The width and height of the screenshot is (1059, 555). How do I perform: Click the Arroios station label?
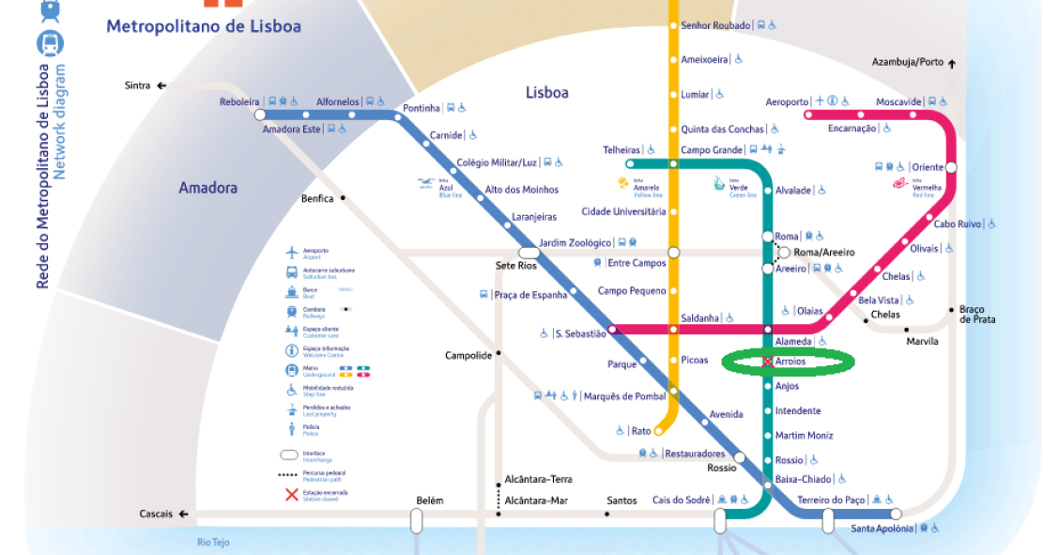(x=790, y=362)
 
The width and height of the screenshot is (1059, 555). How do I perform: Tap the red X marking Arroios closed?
(x=767, y=362)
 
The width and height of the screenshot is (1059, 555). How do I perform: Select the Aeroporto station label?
(x=786, y=101)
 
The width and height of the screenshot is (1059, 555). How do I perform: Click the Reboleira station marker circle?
(x=260, y=115)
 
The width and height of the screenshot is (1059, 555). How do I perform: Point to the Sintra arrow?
(x=161, y=85)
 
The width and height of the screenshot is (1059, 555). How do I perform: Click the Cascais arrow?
(x=183, y=515)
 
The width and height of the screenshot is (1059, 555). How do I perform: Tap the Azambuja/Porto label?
(x=907, y=62)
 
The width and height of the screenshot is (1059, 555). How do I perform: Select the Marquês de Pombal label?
(x=624, y=396)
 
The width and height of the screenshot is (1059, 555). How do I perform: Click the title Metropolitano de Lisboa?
(x=204, y=26)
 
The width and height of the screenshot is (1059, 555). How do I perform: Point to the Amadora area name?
(x=208, y=188)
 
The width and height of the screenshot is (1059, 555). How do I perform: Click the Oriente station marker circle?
(x=951, y=167)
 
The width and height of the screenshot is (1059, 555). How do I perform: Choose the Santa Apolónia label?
(x=882, y=529)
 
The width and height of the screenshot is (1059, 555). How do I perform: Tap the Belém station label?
(x=429, y=501)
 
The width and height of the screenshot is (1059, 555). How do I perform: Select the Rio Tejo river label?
(x=213, y=542)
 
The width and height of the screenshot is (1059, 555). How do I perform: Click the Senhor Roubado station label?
(x=716, y=25)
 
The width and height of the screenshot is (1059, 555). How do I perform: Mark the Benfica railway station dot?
(x=344, y=198)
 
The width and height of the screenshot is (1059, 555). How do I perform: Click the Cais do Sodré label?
(x=682, y=501)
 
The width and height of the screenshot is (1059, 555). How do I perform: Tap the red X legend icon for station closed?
(x=292, y=494)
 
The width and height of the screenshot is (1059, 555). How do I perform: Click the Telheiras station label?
(x=622, y=150)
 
